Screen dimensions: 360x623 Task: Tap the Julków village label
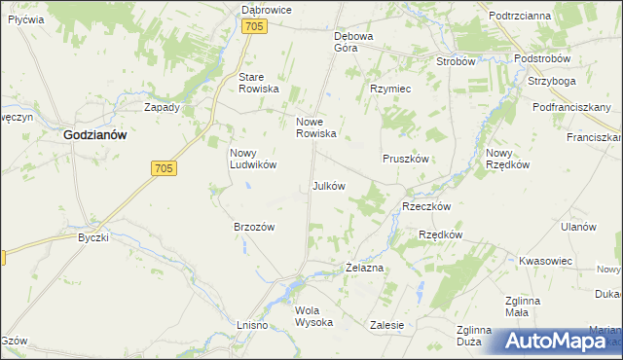(328, 185)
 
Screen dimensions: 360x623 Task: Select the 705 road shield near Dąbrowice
(253, 28)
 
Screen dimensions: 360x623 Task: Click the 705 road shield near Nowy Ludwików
(164, 169)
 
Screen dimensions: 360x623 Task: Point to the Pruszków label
(404, 158)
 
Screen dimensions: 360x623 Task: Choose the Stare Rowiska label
(259, 83)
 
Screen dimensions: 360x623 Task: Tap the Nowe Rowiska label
(315, 127)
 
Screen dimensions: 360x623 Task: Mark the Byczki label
(93, 236)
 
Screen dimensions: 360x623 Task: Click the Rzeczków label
(425, 206)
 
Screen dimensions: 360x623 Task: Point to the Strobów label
(456, 60)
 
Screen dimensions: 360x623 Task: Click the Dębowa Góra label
(353, 41)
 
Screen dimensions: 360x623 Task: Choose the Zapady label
(162, 107)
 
